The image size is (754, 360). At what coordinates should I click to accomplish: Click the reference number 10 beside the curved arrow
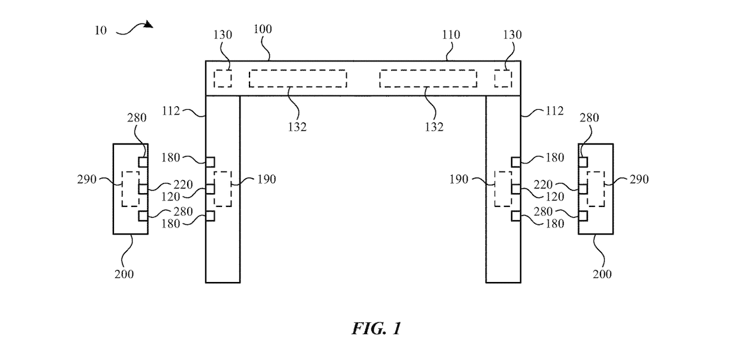(100, 30)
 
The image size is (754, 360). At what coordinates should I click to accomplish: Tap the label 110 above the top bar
(450, 35)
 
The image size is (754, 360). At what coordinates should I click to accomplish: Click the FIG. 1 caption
(376, 329)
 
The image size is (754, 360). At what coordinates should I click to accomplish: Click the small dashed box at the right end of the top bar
(503, 79)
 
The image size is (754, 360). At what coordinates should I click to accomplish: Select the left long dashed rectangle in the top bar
(298, 79)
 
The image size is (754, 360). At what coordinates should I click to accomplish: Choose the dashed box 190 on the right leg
(503, 189)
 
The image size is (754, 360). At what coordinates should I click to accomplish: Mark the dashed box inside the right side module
(595, 189)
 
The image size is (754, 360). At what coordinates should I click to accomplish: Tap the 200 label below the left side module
(124, 274)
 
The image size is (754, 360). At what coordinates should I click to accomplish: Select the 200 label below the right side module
(602, 274)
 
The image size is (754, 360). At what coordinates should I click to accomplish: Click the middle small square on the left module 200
(143, 189)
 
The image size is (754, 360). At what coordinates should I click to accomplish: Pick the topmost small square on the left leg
(211, 161)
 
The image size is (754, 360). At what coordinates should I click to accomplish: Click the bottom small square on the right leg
(516, 215)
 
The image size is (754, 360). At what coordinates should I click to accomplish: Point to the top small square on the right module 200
(583, 162)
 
